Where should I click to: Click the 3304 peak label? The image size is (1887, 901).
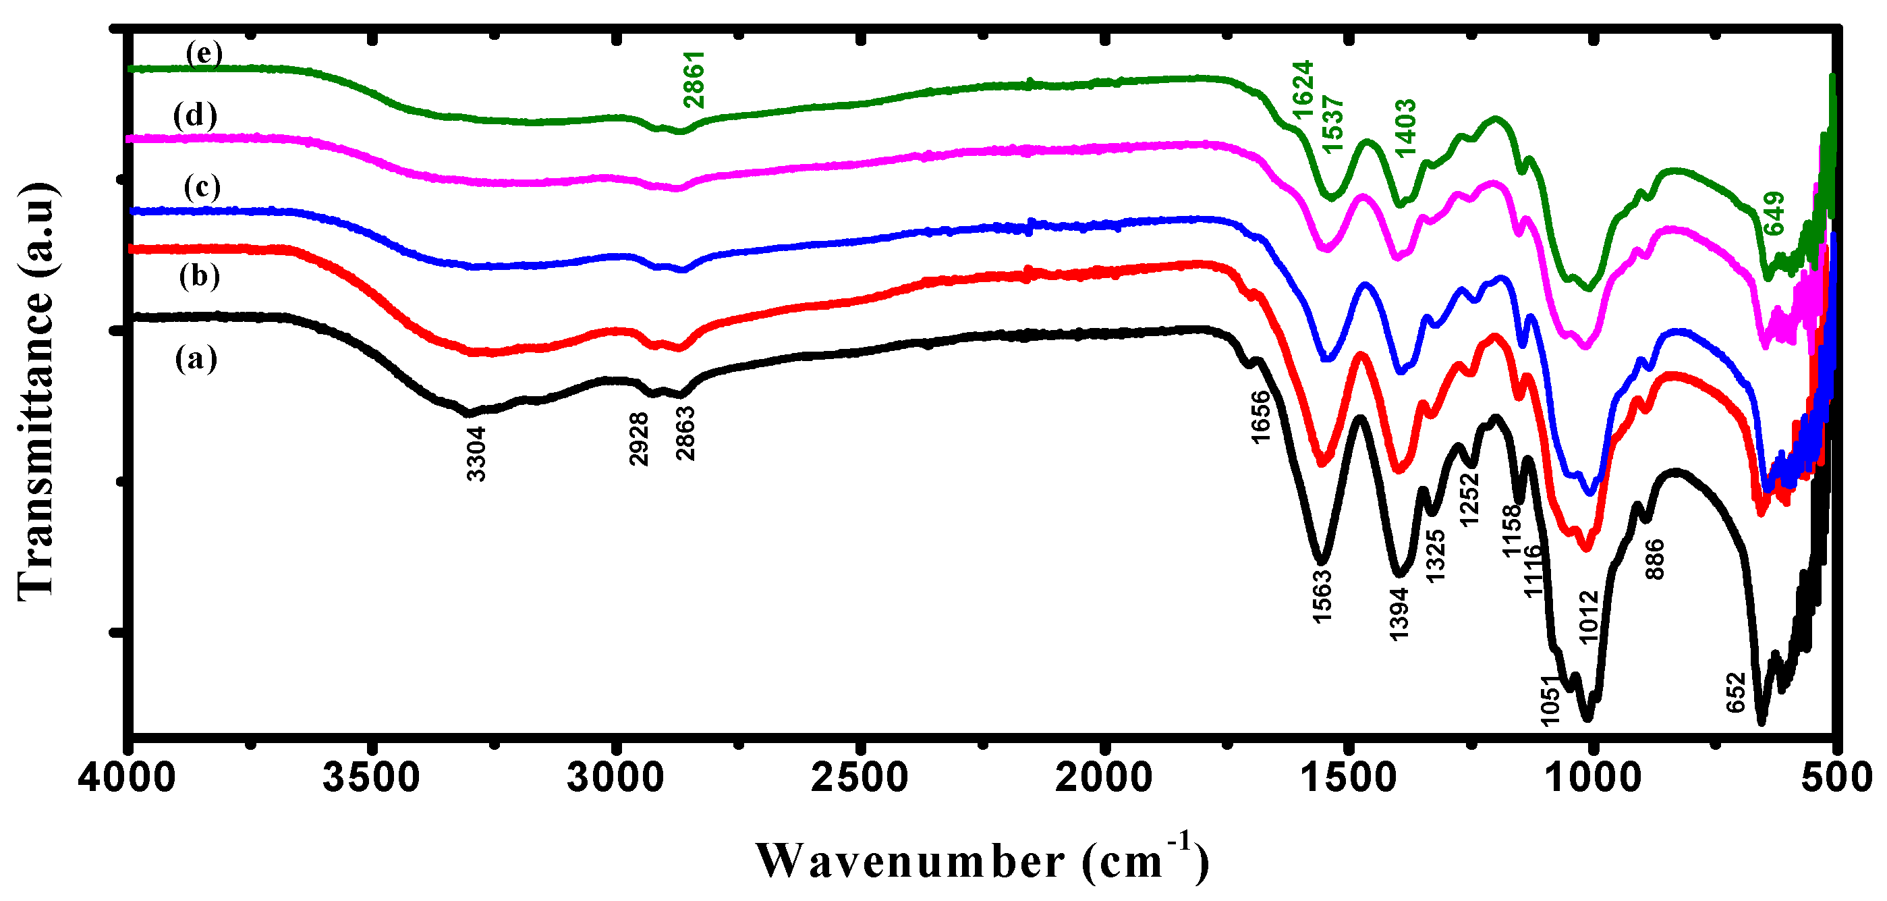pos(476,454)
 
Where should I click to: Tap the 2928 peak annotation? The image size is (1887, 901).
pos(639,438)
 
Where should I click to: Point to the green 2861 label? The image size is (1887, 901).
pos(693,79)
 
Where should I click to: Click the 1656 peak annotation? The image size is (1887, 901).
pos(1260,417)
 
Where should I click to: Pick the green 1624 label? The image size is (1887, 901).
pos(1303,89)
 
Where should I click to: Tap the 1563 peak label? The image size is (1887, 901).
pos(1322,596)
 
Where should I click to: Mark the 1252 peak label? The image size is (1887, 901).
pos(1469,499)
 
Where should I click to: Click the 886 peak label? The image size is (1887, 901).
pos(1655,559)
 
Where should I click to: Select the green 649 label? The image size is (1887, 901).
pos(1774,213)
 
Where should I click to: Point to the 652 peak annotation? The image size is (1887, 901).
pos(1736,692)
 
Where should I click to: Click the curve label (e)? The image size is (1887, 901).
pos(204,53)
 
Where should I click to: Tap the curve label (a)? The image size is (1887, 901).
pos(196,359)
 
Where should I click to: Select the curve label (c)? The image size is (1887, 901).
pos(202,187)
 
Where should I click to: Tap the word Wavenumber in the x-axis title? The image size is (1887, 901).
pos(910,861)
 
